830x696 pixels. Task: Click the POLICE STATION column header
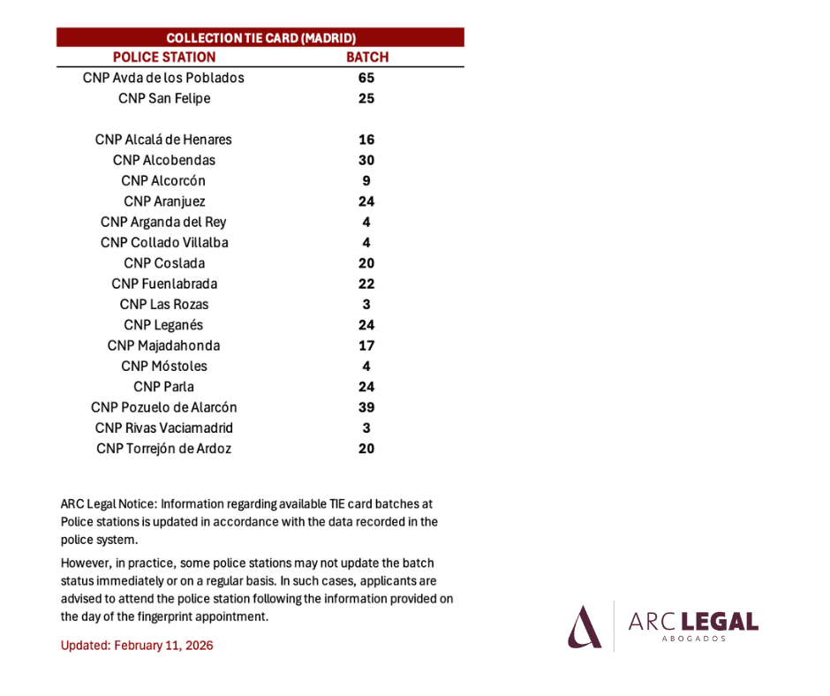pyautogui.click(x=164, y=57)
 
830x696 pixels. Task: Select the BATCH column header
pyautogui.click(x=367, y=57)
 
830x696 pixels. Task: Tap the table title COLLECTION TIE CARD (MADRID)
pyautogui.click(x=261, y=38)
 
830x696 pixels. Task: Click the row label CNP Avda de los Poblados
pyautogui.click(x=163, y=78)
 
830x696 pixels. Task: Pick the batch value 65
pyautogui.click(x=366, y=78)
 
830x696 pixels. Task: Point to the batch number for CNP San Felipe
pyautogui.click(x=366, y=99)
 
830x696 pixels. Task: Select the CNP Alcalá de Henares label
pyautogui.click(x=163, y=140)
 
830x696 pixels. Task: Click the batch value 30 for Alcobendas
pyautogui.click(x=366, y=161)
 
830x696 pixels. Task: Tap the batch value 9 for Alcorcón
pyautogui.click(x=366, y=181)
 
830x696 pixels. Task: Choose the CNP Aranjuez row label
pyautogui.click(x=164, y=201)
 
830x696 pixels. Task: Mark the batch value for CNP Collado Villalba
pyautogui.click(x=366, y=243)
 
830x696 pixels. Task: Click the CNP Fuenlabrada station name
pyautogui.click(x=164, y=284)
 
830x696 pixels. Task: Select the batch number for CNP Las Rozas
pyautogui.click(x=366, y=305)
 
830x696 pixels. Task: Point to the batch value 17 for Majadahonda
pyautogui.click(x=366, y=346)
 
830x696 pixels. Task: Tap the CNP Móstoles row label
pyautogui.click(x=164, y=367)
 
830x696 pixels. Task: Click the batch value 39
pyautogui.click(x=366, y=407)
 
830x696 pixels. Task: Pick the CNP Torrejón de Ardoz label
pyautogui.click(x=164, y=450)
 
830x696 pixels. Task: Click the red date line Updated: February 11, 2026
pyautogui.click(x=137, y=646)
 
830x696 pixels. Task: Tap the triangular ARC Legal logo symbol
pyautogui.click(x=585, y=627)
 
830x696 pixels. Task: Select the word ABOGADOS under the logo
pyautogui.click(x=694, y=639)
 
